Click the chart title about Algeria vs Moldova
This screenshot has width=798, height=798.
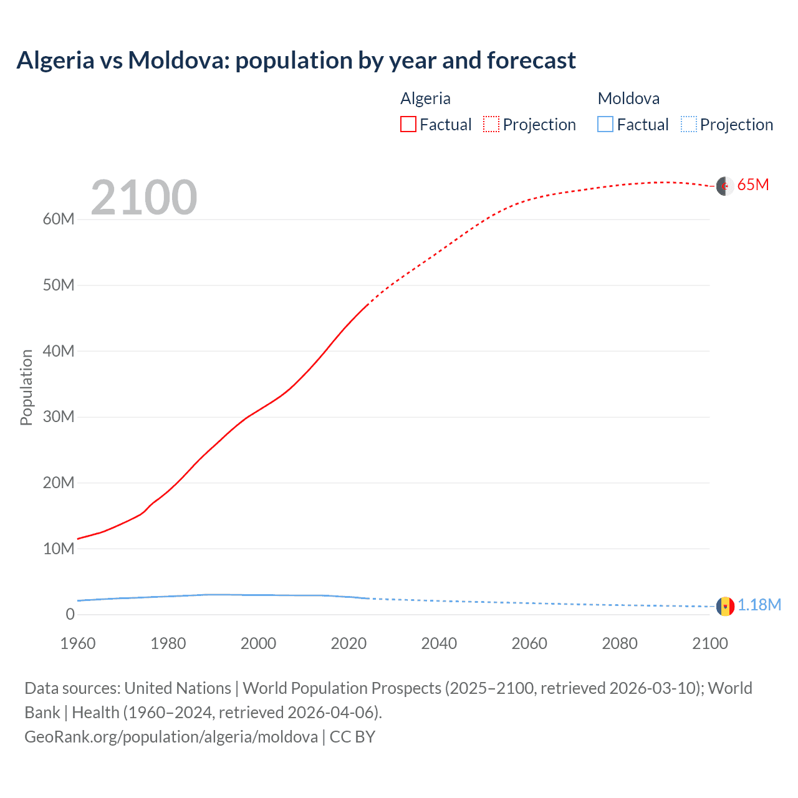(x=296, y=60)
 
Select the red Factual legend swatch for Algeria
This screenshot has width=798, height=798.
(x=408, y=124)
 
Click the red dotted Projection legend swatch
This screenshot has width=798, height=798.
(x=491, y=124)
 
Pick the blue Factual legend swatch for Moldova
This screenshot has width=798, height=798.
(x=605, y=124)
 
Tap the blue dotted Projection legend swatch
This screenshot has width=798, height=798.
(x=688, y=124)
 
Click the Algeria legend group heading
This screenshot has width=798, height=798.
(x=425, y=99)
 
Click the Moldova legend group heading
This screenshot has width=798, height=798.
(x=628, y=99)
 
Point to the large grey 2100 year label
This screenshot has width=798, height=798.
(x=144, y=198)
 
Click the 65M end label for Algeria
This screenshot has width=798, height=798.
(x=753, y=185)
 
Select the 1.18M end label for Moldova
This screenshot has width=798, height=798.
(x=759, y=605)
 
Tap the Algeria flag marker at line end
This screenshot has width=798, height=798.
(x=724, y=186)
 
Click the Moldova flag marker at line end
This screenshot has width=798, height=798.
(x=725, y=606)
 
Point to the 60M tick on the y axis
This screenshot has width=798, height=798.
(x=59, y=219)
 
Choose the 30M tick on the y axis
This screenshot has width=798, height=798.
(x=59, y=417)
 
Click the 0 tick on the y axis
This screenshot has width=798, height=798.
(x=70, y=615)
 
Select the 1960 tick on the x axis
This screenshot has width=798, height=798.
(x=78, y=643)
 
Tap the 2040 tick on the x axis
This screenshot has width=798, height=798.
(x=439, y=643)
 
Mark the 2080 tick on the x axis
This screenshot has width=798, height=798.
(x=620, y=643)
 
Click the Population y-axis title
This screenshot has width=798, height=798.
(x=26, y=387)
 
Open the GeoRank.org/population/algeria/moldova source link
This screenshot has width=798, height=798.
(x=171, y=737)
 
